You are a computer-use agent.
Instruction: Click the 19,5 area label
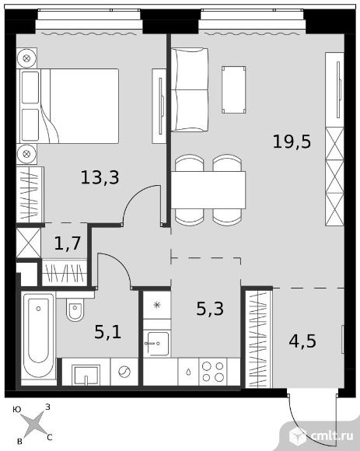point(292,142)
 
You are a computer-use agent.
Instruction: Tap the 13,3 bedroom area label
point(100,177)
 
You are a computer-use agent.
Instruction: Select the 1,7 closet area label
point(68,243)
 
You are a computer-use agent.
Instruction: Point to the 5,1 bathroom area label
point(108,331)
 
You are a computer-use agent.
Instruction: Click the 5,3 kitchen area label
point(210,309)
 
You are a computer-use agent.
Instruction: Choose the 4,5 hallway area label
point(302,341)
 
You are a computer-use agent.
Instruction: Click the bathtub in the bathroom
point(39,336)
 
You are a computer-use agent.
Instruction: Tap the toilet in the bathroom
point(75,309)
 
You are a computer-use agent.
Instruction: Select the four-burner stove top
point(213,372)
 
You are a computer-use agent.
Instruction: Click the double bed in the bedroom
point(68,106)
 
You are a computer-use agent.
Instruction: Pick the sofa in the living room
point(190,89)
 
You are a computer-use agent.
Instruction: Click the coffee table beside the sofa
point(234,89)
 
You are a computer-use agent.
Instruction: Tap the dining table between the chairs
point(208,190)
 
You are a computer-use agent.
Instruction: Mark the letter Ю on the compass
point(17,410)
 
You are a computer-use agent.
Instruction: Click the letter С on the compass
point(50,438)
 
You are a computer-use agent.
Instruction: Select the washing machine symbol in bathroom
point(124,372)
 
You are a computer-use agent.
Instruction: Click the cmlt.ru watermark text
point(333,435)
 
